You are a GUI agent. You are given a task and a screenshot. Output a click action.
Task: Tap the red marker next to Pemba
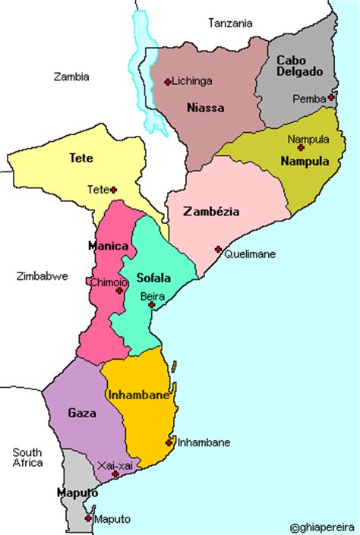pyautogui.click(x=331, y=97)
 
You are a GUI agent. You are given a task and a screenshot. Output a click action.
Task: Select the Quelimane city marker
pyautogui.click(x=218, y=249)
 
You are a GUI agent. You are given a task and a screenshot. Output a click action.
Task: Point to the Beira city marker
pyautogui.click(x=152, y=304)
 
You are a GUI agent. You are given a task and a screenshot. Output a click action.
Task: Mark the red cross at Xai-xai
pyautogui.click(x=115, y=474)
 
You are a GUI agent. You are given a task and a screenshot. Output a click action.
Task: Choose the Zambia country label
pyautogui.click(x=71, y=76)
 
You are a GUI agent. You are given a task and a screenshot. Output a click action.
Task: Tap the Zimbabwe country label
pyautogui.click(x=42, y=276)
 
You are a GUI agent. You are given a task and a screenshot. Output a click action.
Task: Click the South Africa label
pyautogui.click(x=27, y=456)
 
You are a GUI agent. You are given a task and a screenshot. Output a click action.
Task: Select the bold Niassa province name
pyautogui.click(x=205, y=108)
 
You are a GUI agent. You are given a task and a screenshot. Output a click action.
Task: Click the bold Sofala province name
pyautogui.click(x=153, y=278)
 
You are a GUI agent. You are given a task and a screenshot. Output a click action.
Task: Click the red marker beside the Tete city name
pyautogui.click(x=113, y=189)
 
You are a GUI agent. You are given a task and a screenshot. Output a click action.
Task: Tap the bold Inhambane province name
pyautogui.click(x=138, y=395)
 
